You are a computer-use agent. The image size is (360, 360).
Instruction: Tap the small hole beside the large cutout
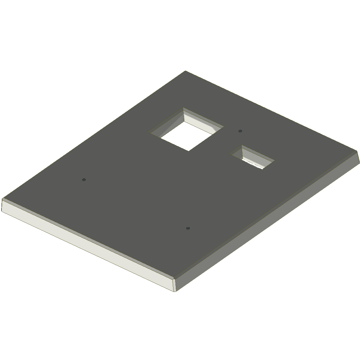(x=240, y=131)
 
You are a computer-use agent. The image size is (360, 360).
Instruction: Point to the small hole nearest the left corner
(x=84, y=180)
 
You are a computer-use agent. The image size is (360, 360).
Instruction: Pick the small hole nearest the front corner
(x=188, y=229)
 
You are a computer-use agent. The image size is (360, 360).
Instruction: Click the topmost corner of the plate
(x=185, y=71)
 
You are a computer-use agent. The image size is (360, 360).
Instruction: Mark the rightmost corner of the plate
(x=359, y=163)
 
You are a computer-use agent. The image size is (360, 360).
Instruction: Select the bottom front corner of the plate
(x=175, y=291)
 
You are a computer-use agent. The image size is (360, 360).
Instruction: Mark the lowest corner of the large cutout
(x=188, y=151)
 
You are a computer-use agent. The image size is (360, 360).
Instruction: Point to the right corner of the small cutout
(x=274, y=160)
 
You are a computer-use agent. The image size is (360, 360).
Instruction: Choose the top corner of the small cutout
(x=242, y=145)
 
